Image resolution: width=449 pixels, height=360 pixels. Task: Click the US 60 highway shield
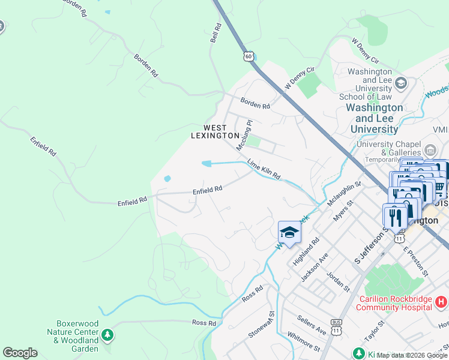(x=248, y=56)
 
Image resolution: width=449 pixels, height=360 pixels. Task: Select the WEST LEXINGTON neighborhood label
(x=214, y=131)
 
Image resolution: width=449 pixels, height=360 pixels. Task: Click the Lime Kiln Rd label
(x=264, y=170)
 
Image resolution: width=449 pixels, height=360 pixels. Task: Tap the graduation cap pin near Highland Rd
(x=289, y=233)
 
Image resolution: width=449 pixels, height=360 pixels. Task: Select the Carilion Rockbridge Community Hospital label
(x=394, y=303)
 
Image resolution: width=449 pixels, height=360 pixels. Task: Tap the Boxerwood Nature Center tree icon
(x=107, y=334)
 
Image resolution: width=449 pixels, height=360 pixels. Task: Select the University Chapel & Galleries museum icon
(x=430, y=149)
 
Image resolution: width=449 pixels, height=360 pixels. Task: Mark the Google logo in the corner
(x=20, y=353)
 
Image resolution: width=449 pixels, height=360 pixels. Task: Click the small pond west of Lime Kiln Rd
(x=206, y=163)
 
